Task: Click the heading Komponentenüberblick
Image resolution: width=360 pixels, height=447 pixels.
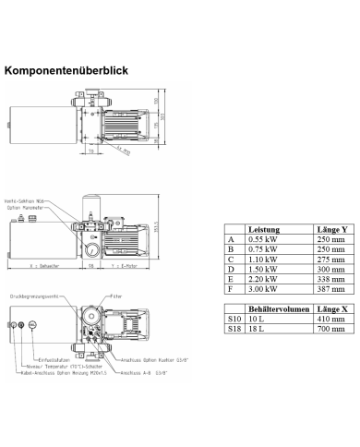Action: (66, 69)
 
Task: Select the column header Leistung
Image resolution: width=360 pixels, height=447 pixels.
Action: (264, 229)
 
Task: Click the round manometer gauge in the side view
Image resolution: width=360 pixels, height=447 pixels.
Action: (93, 250)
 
